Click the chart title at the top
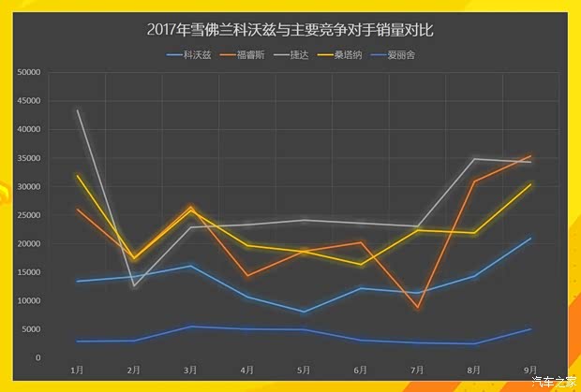(x=290, y=30)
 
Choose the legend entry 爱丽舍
(x=417, y=55)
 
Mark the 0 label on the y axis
(x=38, y=358)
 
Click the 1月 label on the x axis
(x=77, y=370)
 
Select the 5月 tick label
(x=304, y=370)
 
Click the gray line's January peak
(x=77, y=110)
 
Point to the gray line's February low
(x=134, y=285)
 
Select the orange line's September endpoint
(x=531, y=156)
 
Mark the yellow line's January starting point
(x=77, y=175)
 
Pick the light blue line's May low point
(x=304, y=312)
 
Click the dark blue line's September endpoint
(x=531, y=329)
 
